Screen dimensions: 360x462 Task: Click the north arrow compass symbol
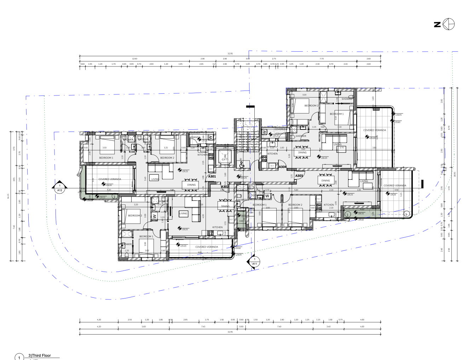[449, 24]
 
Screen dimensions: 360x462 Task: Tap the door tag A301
[212, 176]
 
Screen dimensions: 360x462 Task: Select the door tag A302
[225, 186]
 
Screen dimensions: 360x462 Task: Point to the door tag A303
[299, 175]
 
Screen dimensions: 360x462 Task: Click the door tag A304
[282, 167]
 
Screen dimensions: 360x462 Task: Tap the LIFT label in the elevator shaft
[225, 159]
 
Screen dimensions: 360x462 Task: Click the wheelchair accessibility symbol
[242, 164]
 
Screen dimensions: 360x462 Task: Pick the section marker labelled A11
[254, 262]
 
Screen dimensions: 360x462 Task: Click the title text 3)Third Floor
[40, 355]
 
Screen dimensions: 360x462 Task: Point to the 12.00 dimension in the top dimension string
[134, 59]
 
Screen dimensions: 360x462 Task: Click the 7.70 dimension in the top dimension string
[322, 59]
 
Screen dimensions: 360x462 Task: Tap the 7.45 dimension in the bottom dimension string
[203, 326]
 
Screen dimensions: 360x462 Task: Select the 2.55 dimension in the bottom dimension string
[130, 320]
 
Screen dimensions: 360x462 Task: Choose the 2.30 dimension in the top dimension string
[318, 64]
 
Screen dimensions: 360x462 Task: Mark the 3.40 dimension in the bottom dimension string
[328, 326]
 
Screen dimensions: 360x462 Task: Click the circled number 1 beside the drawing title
[19, 357]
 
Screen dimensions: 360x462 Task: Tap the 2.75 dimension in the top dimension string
[274, 59]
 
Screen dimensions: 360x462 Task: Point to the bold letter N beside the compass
[437, 24]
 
